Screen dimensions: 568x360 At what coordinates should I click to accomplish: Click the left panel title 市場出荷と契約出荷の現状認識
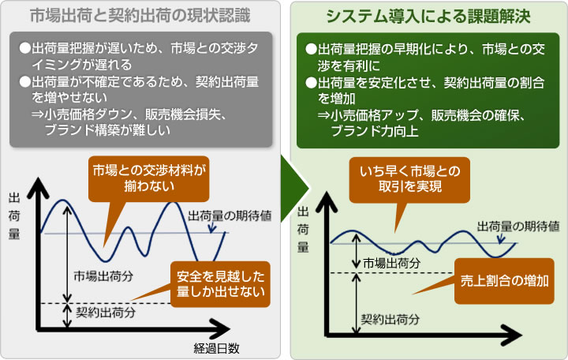pos(140,15)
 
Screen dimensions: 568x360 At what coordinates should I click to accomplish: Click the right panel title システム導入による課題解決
pos(428,16)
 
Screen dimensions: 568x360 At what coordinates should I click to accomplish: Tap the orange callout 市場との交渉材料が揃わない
pos(149,178)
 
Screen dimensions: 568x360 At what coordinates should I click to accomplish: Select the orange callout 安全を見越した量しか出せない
pos(220,284)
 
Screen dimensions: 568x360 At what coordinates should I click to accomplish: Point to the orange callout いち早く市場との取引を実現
pos(409,180)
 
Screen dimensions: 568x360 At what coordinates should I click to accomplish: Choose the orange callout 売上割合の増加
pos(504,281)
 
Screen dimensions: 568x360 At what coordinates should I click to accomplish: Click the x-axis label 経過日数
pos(216,348)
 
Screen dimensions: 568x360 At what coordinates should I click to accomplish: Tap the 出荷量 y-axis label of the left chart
pos(13,216)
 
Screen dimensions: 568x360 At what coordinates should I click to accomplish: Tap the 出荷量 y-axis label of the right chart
pos(303,229)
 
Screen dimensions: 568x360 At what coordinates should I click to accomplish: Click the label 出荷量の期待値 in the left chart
pos(230,216)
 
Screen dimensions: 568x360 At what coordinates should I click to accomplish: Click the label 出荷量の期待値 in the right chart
pos(518,227)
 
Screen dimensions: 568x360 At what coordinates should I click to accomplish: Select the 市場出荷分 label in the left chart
pos(103,276)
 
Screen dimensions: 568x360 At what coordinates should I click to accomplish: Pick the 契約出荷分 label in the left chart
pos(106,312)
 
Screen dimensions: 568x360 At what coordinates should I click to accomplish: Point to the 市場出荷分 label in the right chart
pos(391,263)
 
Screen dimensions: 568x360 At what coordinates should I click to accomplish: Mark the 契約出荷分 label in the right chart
pos(390,319)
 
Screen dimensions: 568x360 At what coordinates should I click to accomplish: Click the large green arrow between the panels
pos(294,189)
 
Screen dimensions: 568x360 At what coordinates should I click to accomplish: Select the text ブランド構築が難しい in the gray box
pos(107,130)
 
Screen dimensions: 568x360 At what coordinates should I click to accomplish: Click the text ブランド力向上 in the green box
pos(374,131)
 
